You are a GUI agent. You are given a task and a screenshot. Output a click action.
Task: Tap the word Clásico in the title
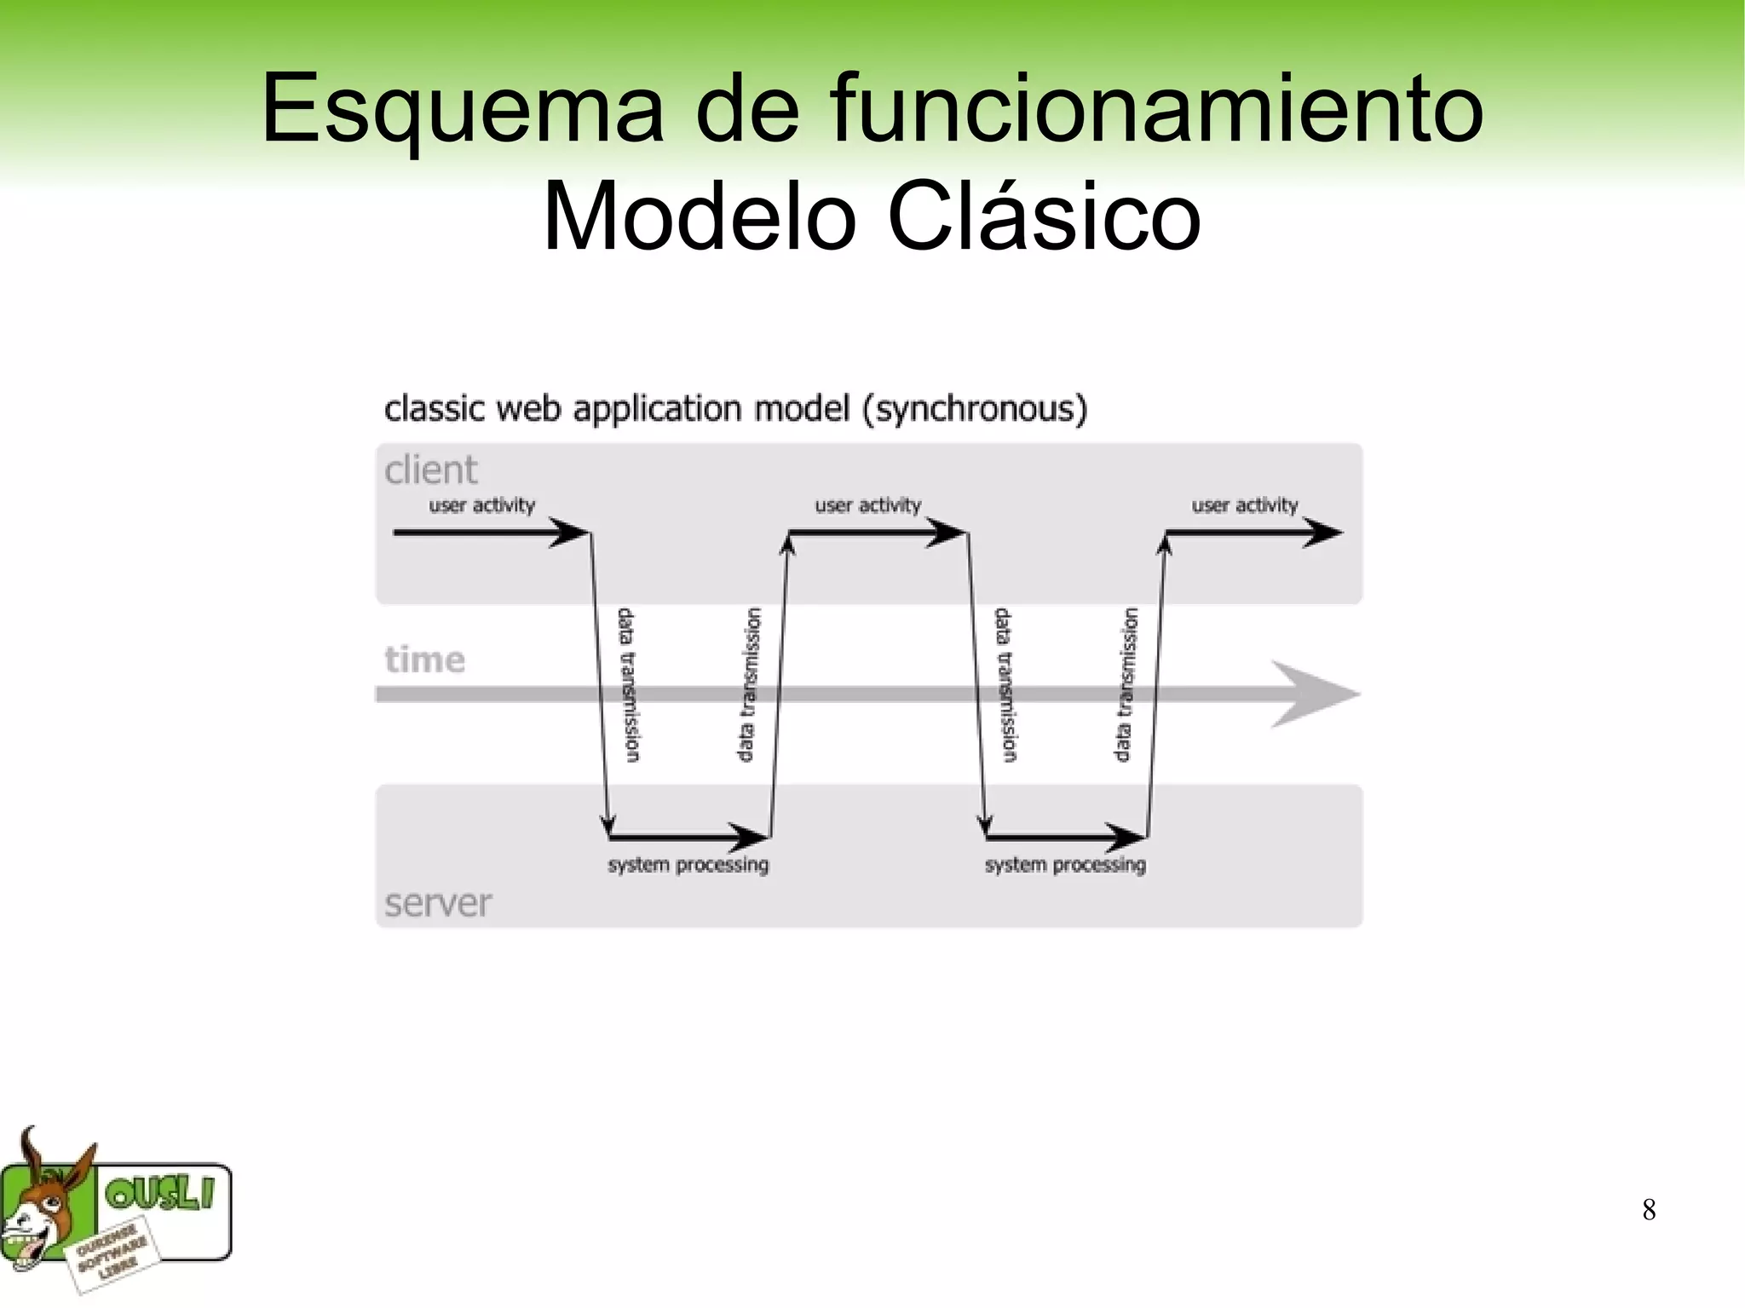(x=1043, y=217)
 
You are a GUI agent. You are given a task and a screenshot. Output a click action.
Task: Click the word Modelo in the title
(x=699, y=217)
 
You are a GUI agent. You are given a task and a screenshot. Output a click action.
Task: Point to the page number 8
(x=1649, y=1210)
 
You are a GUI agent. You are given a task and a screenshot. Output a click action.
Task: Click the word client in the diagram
(x=431, y=470)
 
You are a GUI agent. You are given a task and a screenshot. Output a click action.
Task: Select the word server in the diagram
(x=438, y=903)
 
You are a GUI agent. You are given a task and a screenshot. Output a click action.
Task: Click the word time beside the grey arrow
(x=425, y=660)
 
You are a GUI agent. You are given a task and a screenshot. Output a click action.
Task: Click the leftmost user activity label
(x=482, y=505)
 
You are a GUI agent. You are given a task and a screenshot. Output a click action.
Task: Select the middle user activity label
(x=868, y=505)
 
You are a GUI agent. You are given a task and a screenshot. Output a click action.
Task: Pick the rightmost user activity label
(x=1245, y=505)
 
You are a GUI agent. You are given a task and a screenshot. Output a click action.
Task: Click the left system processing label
(x=688, y=865)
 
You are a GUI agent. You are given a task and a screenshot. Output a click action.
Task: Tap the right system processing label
(x=1065, y=865)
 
